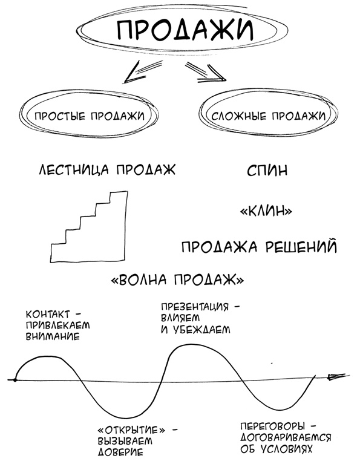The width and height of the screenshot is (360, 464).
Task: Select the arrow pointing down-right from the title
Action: point(208,75)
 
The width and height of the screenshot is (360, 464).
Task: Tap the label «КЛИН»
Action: point(267,211)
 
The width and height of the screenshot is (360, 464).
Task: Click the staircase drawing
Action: point(91,227)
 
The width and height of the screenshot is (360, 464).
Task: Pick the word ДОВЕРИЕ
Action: point(119,451)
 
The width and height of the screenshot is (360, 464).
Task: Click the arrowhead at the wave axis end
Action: point(332,377)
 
